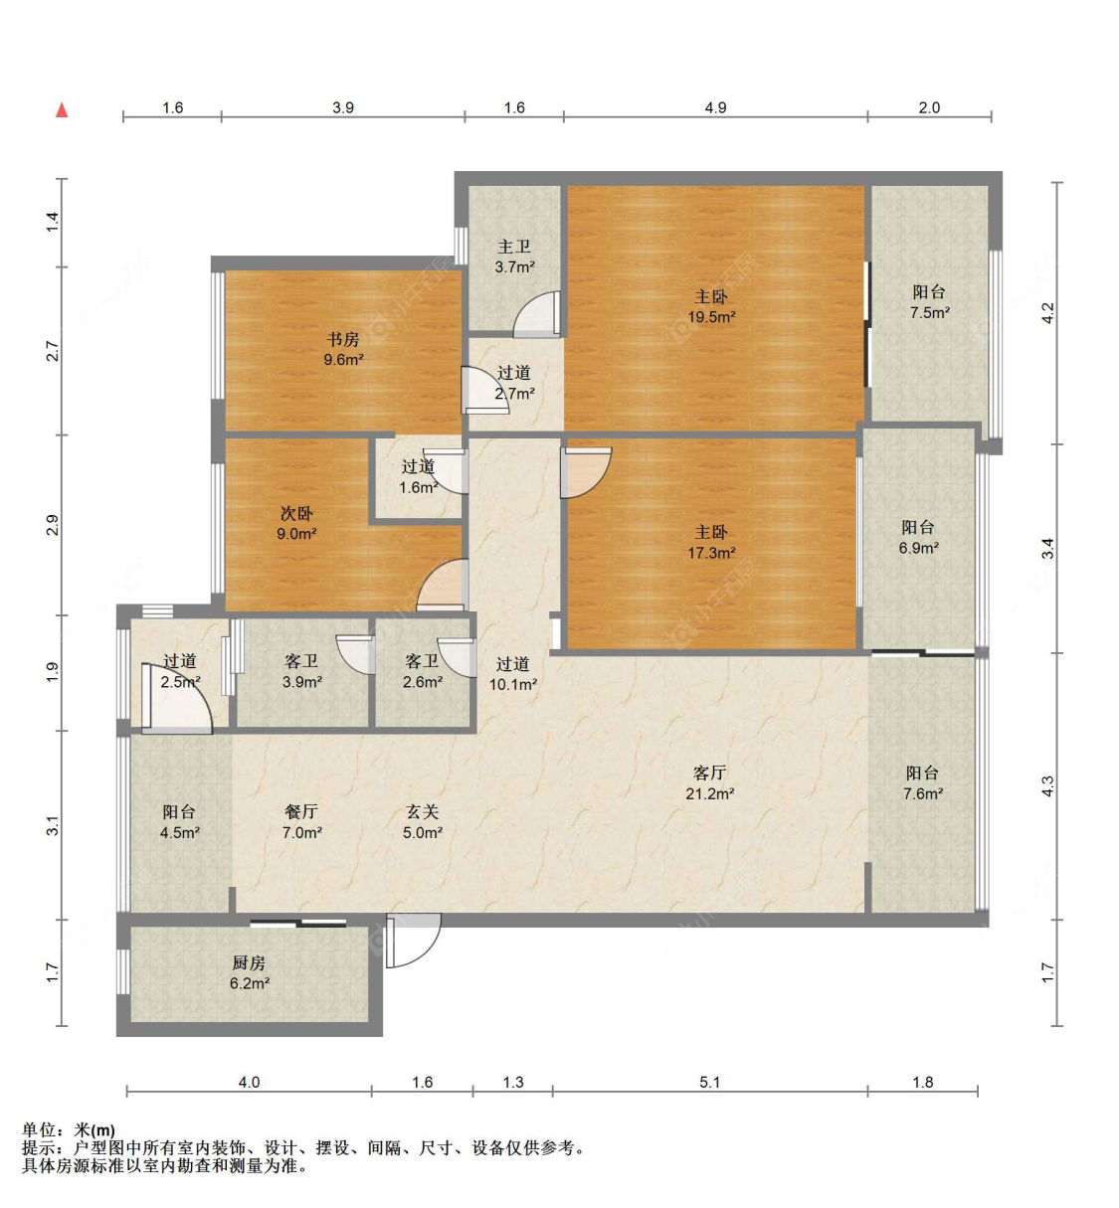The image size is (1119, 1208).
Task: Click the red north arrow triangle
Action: [62, 110]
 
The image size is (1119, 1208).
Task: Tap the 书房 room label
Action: [343, 339]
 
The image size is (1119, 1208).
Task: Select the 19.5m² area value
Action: [711, 317]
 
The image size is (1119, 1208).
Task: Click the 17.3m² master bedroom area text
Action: [711, 552]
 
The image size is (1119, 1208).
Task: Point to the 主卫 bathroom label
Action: [514, 247]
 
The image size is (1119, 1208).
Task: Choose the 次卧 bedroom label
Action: [296, 513]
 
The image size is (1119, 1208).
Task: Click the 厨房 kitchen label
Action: [249, 962]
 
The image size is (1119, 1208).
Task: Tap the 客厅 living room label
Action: [710, 773]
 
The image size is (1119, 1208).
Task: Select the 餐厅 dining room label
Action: [301, 811]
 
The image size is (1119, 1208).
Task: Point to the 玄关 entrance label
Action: [422, 811]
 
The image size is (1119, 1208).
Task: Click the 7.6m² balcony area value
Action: [923, 793]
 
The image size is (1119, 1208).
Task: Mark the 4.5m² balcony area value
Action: [180, 832]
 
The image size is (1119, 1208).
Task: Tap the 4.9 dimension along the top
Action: [715, 107]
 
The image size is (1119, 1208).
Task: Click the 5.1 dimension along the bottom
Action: [710, 1082]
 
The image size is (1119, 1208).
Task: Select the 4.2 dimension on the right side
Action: [1047, 312]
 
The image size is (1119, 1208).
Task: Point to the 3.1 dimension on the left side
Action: [53, 825]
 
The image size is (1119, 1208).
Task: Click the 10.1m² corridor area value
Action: [512, 684]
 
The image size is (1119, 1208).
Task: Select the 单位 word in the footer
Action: [39, 1129]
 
